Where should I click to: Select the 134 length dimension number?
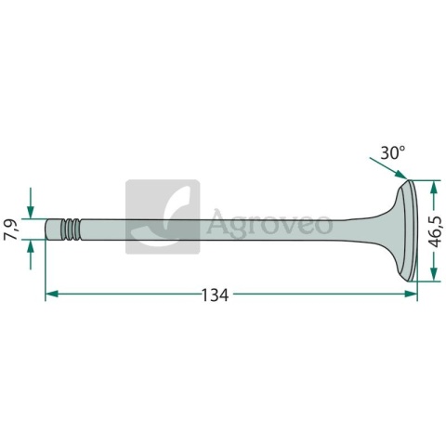(x=215, y=295)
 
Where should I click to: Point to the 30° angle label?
(x=392, y=151)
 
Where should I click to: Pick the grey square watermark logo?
(x=163, y=216)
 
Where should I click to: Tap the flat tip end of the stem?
(x=47, y=229)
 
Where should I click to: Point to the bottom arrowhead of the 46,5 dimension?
(x=434, y=276)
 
